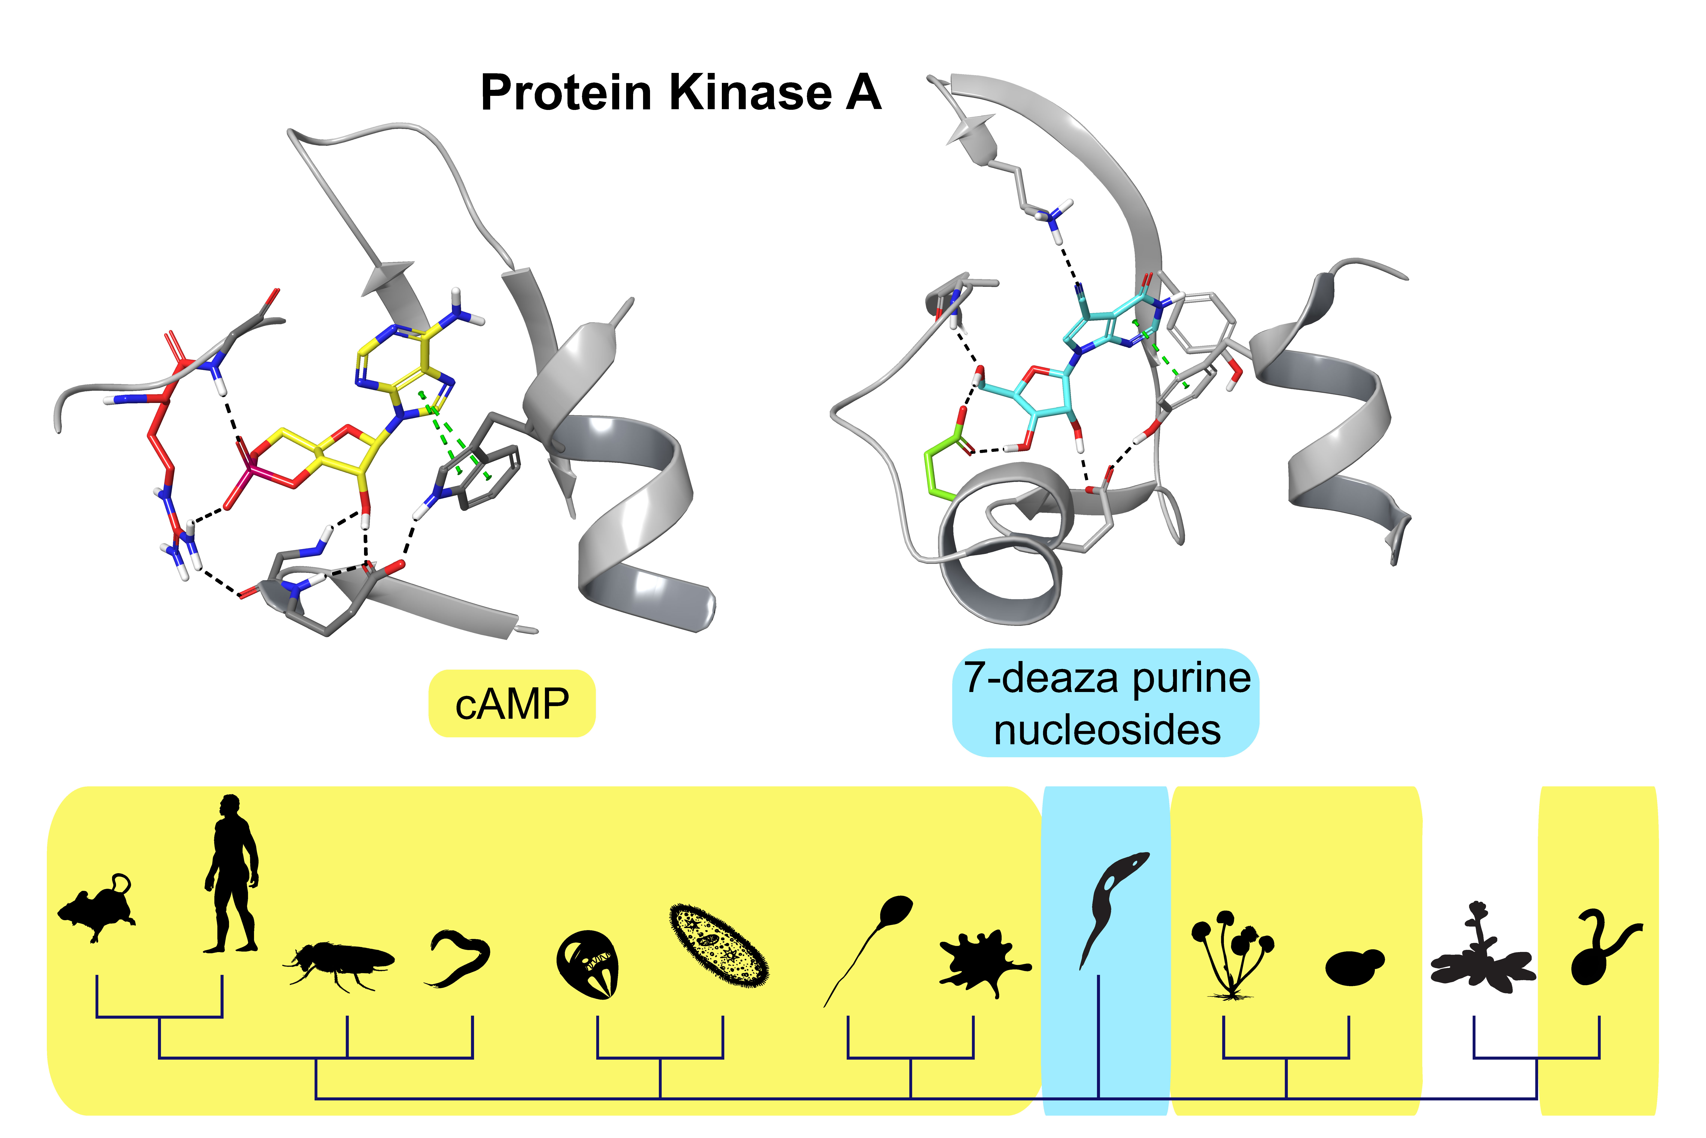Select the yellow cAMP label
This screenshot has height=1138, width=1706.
(512, 704)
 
